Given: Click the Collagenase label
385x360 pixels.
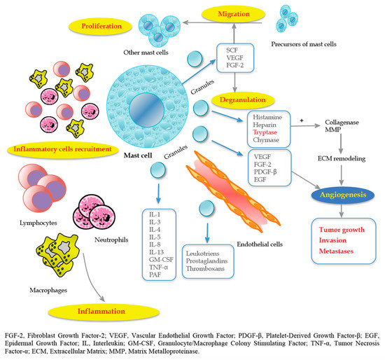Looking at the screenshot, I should pyautogui.click(x=330, y=121).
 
